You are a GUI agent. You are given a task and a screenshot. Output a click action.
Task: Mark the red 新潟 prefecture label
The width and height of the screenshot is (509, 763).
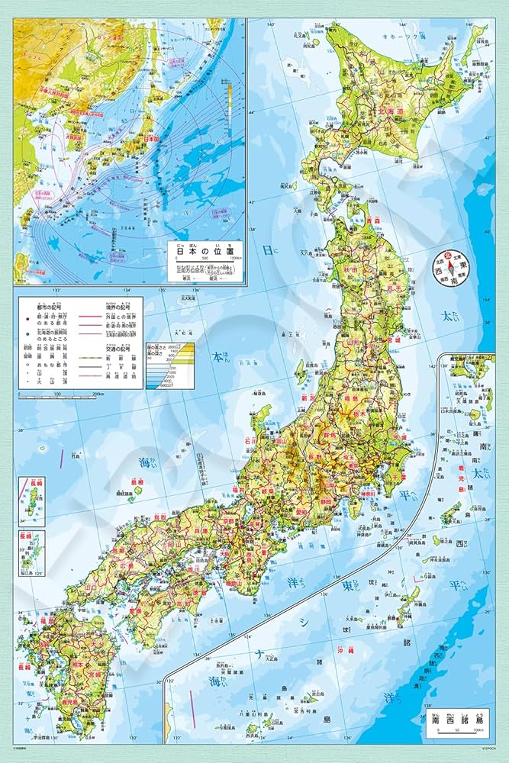tap(308, 398)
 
